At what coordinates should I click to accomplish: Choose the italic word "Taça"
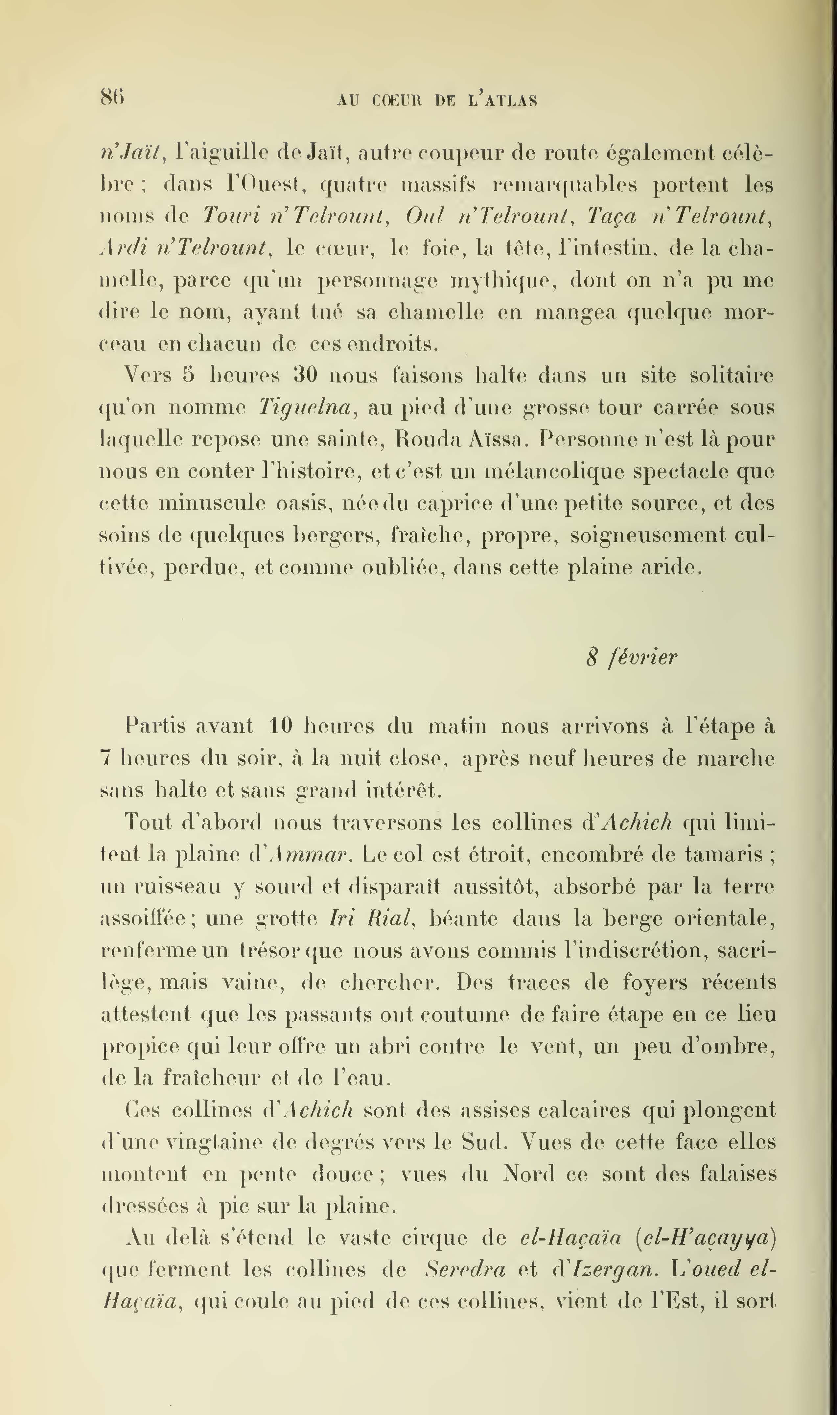pyautogui.click(x=612, y=216)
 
